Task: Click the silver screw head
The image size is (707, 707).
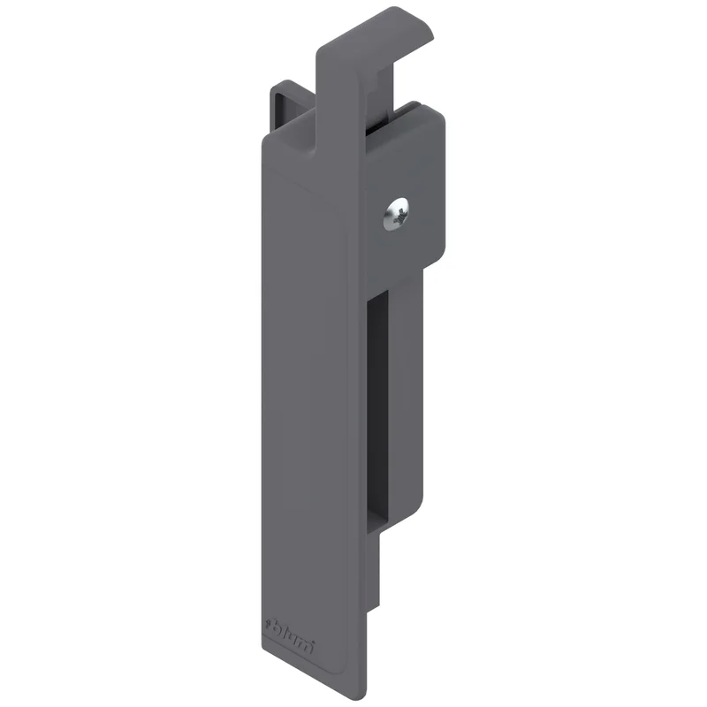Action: click(397, 215)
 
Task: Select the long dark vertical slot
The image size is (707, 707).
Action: click(378, 410)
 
